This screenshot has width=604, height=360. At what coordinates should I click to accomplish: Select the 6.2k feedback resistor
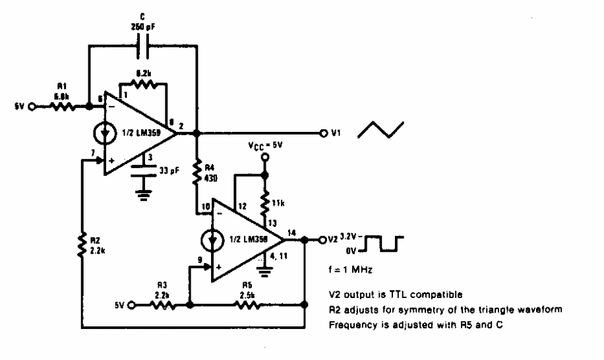(142, 84)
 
